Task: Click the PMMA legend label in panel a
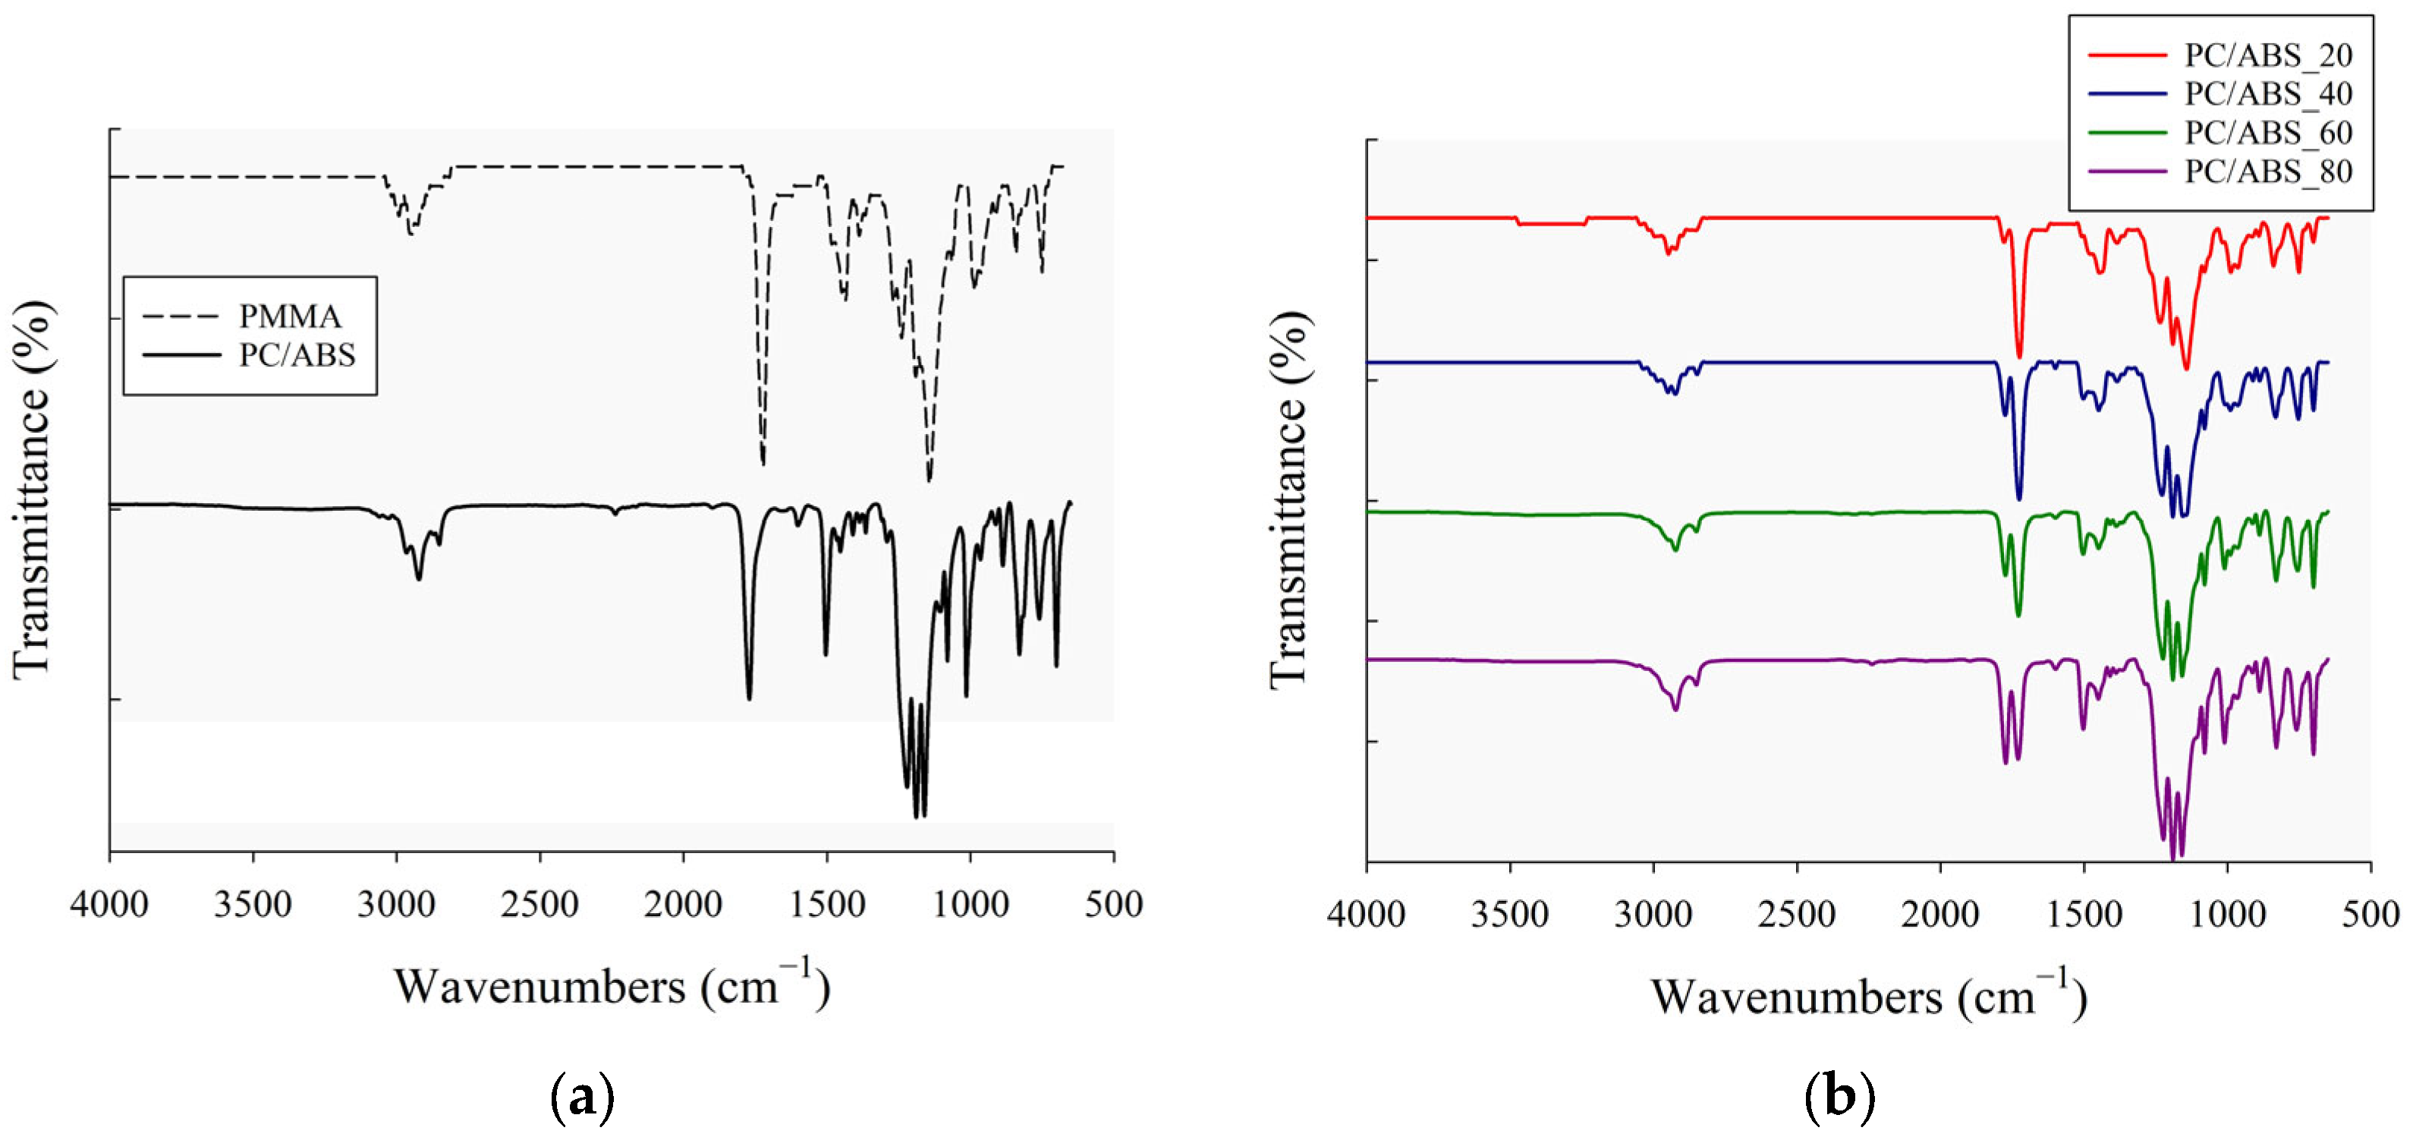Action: tap(289, 317)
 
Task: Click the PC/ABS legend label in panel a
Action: tap(297, 355)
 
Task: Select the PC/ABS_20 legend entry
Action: tap(2268, 55)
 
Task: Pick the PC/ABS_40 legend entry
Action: tap(2268, 94)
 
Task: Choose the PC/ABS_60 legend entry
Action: tap(2268, 134)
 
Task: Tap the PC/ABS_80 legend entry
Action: tap(2268, 172)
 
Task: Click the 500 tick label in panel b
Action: tap(2370, 914)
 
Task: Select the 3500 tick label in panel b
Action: tap(1509, 914)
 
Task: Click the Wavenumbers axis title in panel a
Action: tap(612, 987)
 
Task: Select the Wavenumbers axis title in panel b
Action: tap(1868, 997)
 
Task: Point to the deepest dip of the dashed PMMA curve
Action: tap(929, 480)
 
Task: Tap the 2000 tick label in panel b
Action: tap(1939, 914)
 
